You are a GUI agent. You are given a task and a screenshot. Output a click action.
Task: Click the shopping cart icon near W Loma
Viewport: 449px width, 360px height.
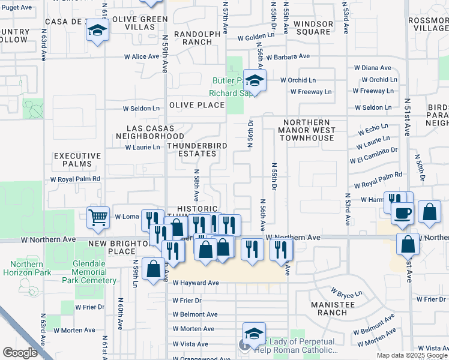98,217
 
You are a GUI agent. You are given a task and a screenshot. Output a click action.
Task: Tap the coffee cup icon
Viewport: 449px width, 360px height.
402,212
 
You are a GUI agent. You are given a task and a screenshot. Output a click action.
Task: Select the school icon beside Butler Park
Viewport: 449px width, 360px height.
255,81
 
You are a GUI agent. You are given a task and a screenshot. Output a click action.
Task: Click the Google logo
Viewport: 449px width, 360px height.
20,353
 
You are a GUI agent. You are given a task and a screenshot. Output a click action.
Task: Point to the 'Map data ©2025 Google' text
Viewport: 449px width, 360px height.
412,355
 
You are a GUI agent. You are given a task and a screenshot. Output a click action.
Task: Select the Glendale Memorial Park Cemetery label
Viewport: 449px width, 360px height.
98,272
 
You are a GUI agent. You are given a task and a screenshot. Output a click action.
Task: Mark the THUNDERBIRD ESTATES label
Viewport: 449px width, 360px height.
191,149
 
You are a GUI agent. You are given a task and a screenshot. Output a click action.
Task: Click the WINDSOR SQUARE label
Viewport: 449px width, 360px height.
313,28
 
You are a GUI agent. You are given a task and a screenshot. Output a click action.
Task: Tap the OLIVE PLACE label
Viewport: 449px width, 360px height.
196,104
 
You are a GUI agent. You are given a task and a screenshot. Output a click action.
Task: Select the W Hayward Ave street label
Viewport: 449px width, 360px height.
196,283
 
